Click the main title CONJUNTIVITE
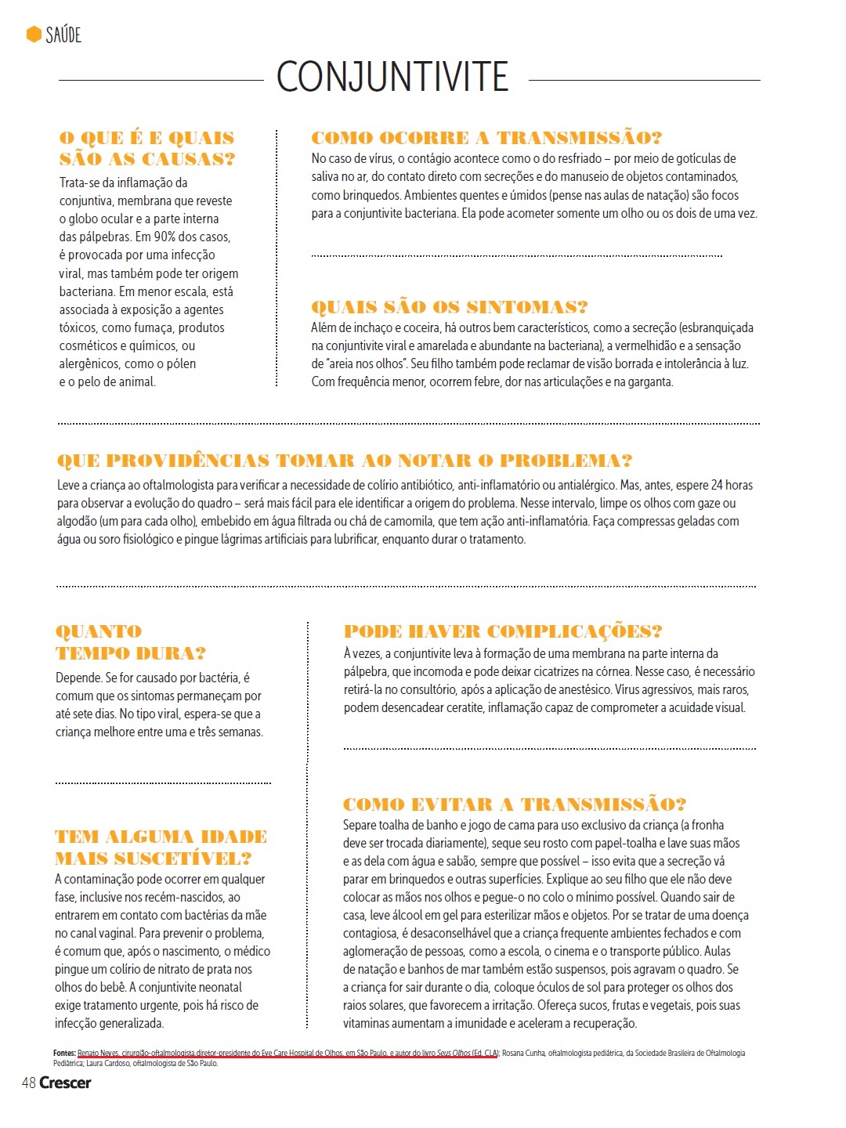click(392, 77)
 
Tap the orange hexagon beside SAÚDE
click(34, 34)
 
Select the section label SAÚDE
click(63, 34)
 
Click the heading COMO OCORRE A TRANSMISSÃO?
click(486, 138)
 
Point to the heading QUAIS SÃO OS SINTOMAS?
click(450, 307)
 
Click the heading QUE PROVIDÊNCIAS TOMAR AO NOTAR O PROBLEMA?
click(345, 461)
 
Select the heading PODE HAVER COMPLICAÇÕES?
click(503, 631)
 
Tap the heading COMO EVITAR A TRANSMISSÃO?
click(515, 804)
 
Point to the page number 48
click(29, 1083)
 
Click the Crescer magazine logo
click(65, 1083)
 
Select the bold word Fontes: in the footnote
click(64, 1054)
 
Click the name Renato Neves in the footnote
click(98, 1054)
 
